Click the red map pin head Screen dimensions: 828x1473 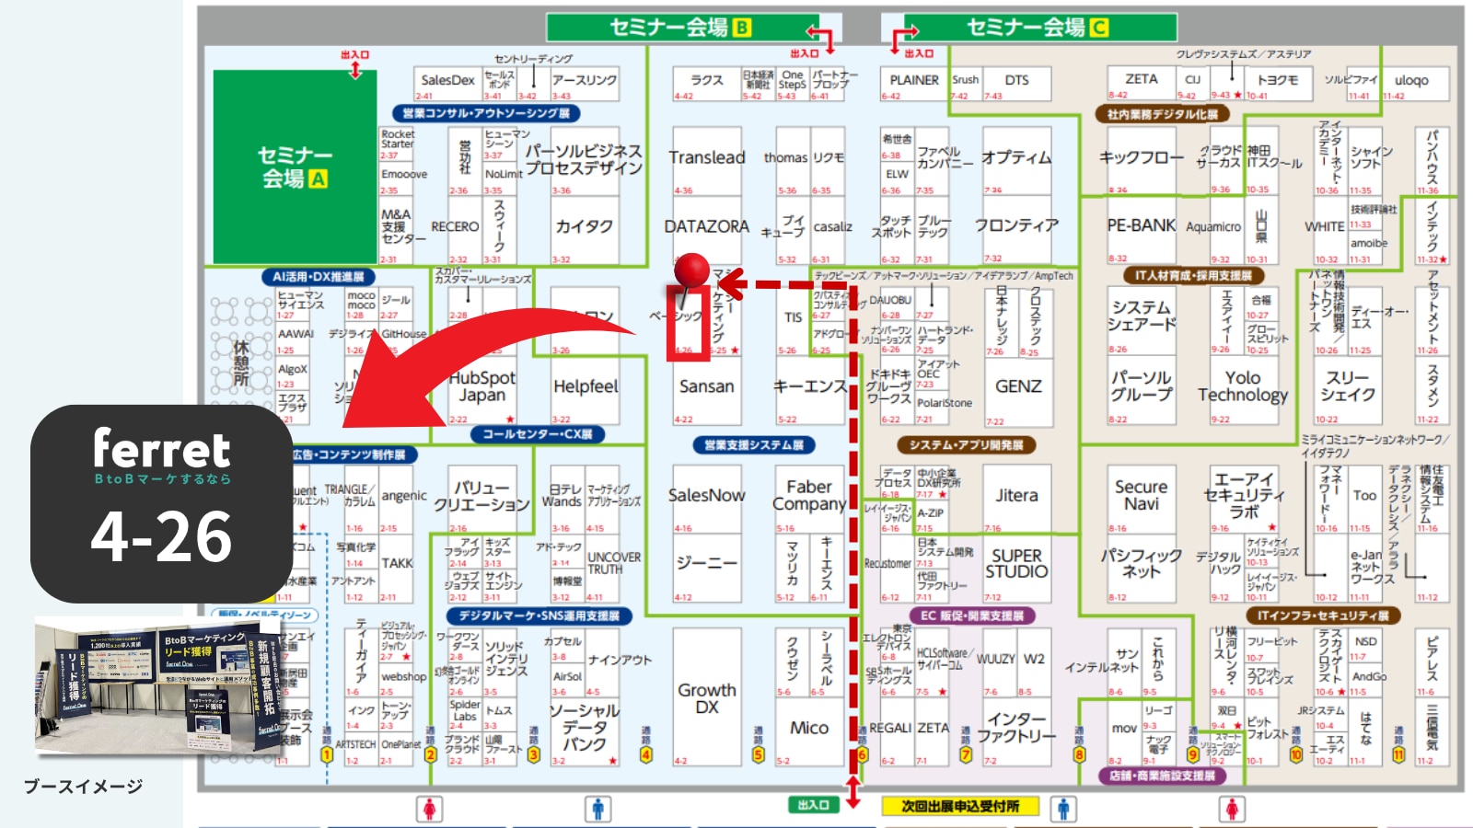[691, 269]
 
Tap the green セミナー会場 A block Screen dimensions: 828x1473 [295, 167]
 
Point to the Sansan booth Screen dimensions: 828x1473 [706, 386]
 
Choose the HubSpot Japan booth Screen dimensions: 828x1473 [481, 386]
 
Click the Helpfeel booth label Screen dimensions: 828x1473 [586, 386]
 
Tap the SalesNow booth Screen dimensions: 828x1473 [706, 495]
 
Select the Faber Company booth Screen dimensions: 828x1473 [808, 495]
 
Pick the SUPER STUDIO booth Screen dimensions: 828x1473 [1016, 563]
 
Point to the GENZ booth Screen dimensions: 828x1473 [1017, 386]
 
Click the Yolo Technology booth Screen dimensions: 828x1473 [1242, 386]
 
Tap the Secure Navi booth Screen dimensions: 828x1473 [1141, 495]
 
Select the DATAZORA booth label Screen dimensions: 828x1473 [706, 226]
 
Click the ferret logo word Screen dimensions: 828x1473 [161, 449]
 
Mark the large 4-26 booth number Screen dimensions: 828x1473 [161, 537]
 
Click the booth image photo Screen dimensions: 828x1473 [158, 685]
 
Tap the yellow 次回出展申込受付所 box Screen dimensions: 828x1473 [960, 806]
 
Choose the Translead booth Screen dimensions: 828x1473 [706, 157]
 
